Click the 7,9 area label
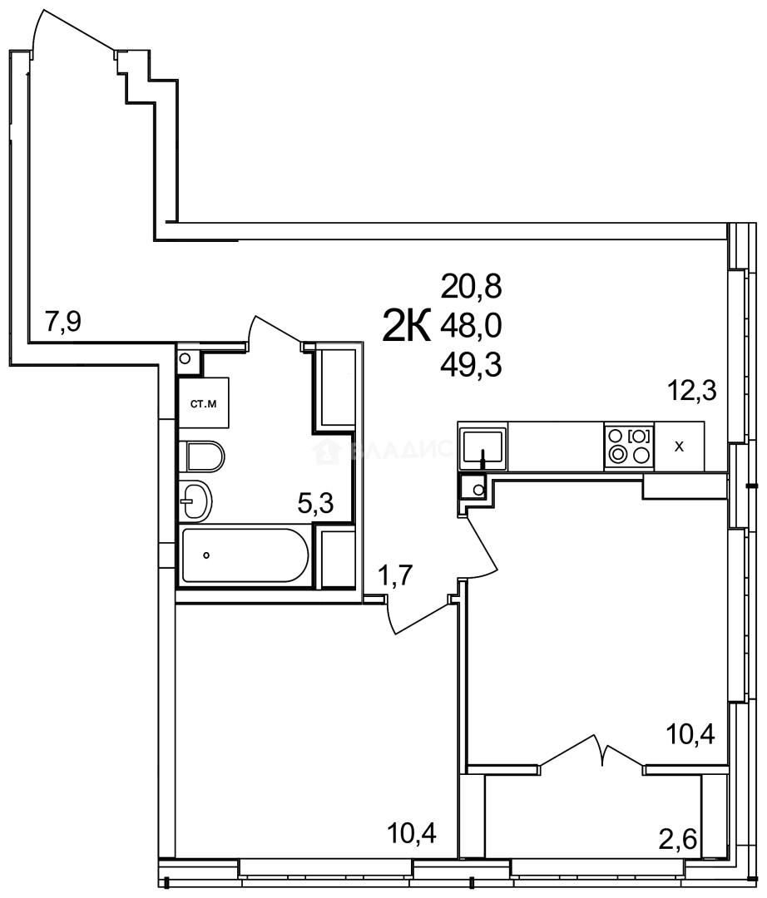point(63,321)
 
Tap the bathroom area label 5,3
point(317,502)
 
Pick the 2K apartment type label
point(406,325)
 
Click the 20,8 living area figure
point(472,288)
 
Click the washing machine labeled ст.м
point(204,405)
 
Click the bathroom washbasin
point(197,501)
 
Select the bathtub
point(245,555)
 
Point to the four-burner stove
point(629,445)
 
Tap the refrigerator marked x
point(679,446)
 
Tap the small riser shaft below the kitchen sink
point(475,488)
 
